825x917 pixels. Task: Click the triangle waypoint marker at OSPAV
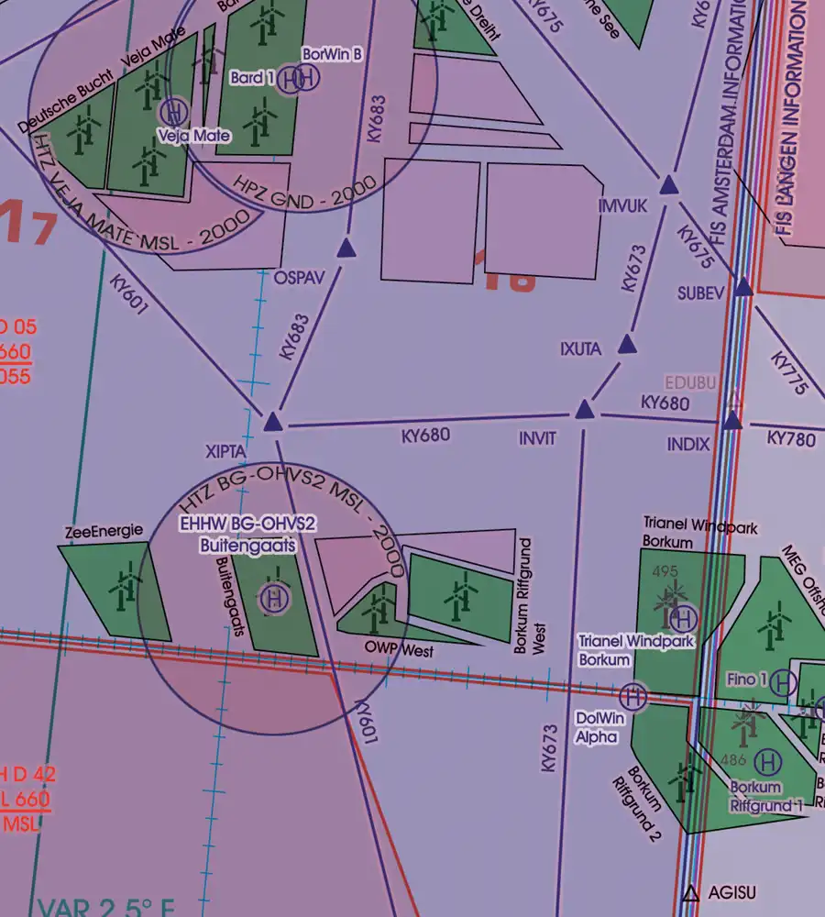346,248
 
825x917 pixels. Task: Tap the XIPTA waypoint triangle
272,422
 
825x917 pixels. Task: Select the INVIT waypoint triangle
583,409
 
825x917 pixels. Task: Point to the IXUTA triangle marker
627,345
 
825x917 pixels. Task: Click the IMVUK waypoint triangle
669,185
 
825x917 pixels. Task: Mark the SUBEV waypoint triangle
743,287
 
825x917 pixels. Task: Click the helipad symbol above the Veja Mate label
172,112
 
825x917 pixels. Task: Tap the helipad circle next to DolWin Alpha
632,697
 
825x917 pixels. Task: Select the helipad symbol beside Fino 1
782,681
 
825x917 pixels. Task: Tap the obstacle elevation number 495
665,571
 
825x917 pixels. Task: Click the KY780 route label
790,439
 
